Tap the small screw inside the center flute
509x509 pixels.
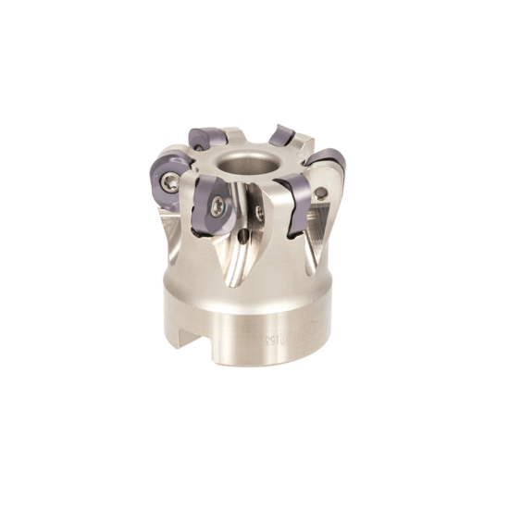click(x=259, y=213)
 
